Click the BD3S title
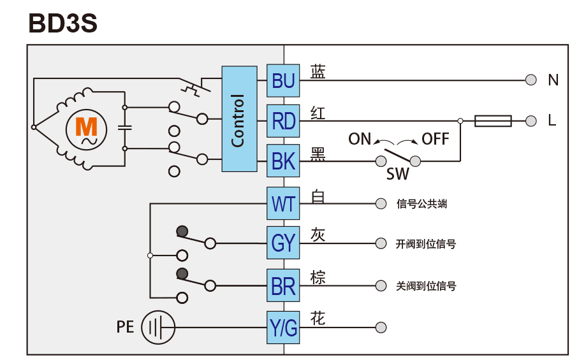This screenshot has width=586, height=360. (62, 23)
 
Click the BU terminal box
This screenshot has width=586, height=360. (283, 80)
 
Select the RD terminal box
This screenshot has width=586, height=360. (283, 120)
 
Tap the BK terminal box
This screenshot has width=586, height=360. (283, 161)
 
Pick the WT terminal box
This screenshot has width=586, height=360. (283, 204)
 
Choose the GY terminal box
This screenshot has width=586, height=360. (283, 243)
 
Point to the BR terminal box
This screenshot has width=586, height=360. (283, 285)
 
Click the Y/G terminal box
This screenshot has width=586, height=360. (283, 328)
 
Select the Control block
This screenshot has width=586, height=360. (239, 119)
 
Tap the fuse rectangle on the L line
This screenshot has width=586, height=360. (493, 120)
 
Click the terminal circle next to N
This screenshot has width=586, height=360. (531, 80)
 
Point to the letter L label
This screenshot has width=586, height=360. (552, 120)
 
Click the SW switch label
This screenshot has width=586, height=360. (398, 174)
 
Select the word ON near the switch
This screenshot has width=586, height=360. (360, 139)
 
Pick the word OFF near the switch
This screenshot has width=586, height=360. (436, 139)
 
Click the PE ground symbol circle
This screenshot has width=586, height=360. (157, 328)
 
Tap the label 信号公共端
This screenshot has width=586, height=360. (421, 205)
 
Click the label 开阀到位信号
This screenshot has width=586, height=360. (426, 244)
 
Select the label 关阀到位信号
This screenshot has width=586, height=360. (426, 285)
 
